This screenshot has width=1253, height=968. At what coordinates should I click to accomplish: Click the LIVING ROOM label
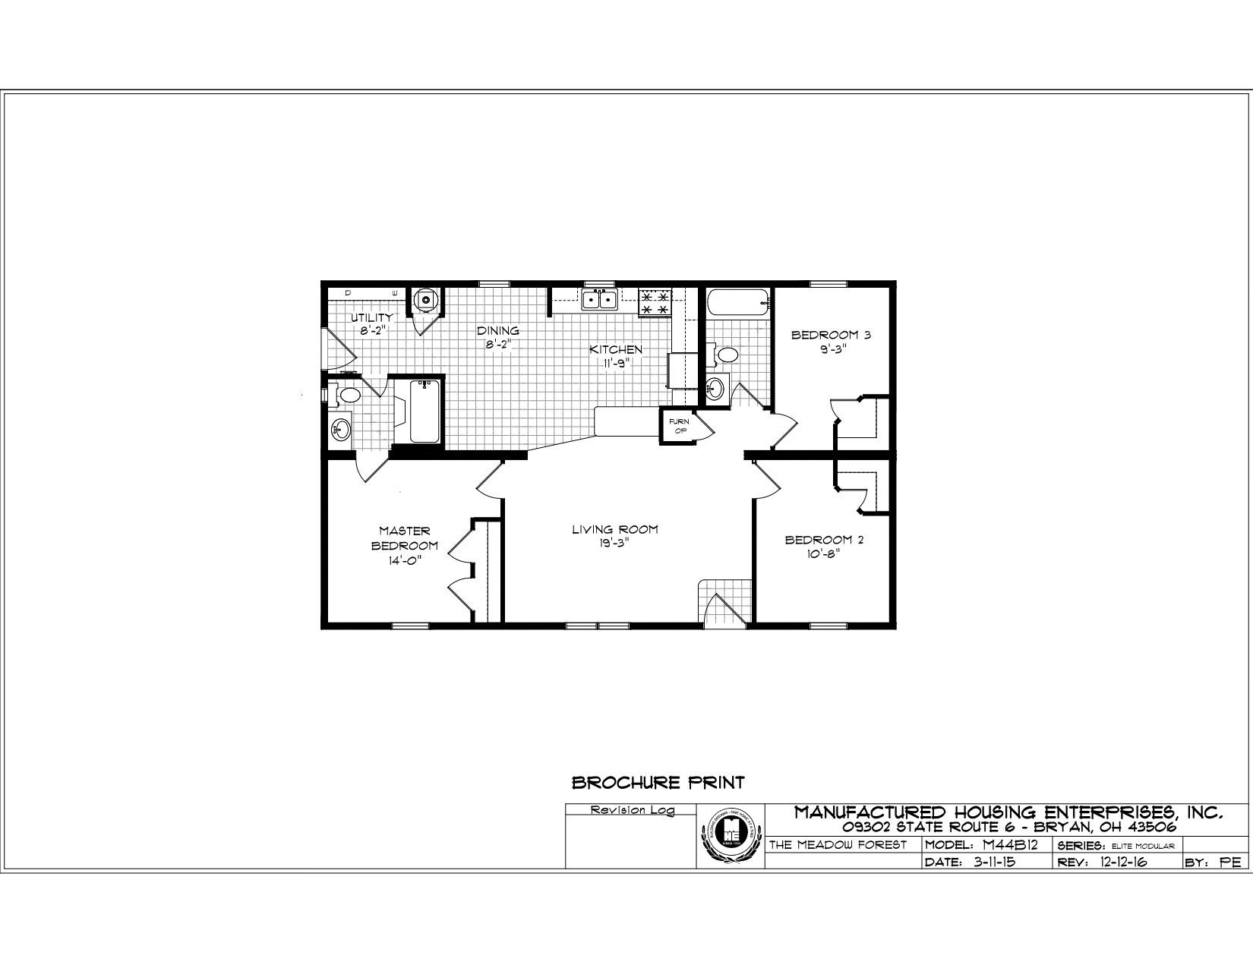point(614,530)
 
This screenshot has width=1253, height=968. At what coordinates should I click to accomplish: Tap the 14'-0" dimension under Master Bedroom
point(404,560)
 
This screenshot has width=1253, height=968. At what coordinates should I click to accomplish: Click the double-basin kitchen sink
point(599,300)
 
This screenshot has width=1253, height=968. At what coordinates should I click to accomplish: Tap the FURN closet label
point(678,422)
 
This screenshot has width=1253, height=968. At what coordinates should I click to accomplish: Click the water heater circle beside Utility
point(426,300)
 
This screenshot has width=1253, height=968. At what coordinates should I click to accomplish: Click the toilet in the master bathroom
point(349,395)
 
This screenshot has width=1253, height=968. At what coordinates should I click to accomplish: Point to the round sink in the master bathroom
point(339,430)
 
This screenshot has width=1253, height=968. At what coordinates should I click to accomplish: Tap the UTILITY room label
point(371,317)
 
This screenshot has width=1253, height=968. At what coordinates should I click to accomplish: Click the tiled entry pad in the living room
point(724,601)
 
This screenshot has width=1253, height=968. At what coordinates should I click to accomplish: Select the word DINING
point(497,331)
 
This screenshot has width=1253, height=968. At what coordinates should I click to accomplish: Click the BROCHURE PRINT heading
point(658,782)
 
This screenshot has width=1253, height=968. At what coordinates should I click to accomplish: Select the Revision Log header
point(632,810)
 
